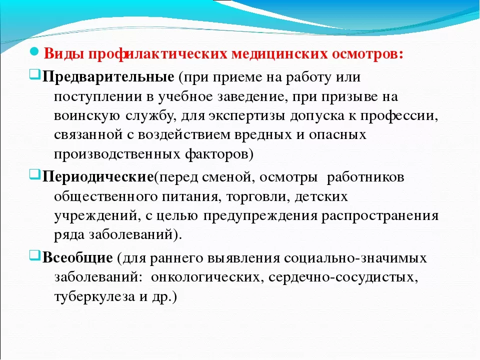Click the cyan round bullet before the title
tap(34, 51)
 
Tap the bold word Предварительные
tap(108, 77)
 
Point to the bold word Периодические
tap(97, 177)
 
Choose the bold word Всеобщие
tap(77, 258)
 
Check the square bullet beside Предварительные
tap(35, 74)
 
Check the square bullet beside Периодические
tap(35, 175)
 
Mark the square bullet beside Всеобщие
tap(35, 255)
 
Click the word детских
tap(321, 196)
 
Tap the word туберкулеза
tap(94, 297)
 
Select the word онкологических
tap(207, 277)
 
